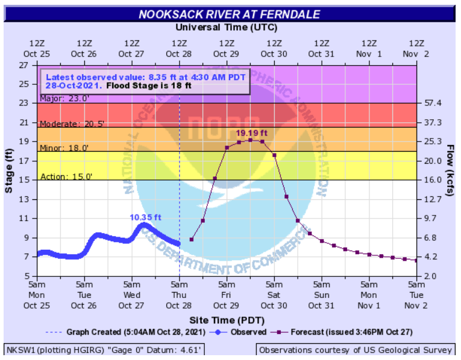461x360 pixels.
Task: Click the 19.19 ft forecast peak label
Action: click(250, 132)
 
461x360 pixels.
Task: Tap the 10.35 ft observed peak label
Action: click(145, 217)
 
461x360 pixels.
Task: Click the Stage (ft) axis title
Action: click(10, 170)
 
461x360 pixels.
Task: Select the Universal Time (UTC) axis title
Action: click(227, 27)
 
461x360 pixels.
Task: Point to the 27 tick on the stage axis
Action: click(25, 65)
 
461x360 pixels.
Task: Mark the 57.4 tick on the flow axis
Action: click(433, 103)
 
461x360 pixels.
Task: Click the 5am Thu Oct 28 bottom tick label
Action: click(179, 294)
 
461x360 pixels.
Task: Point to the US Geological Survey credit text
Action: click(355, 350)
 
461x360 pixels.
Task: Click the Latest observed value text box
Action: click(145, 81)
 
